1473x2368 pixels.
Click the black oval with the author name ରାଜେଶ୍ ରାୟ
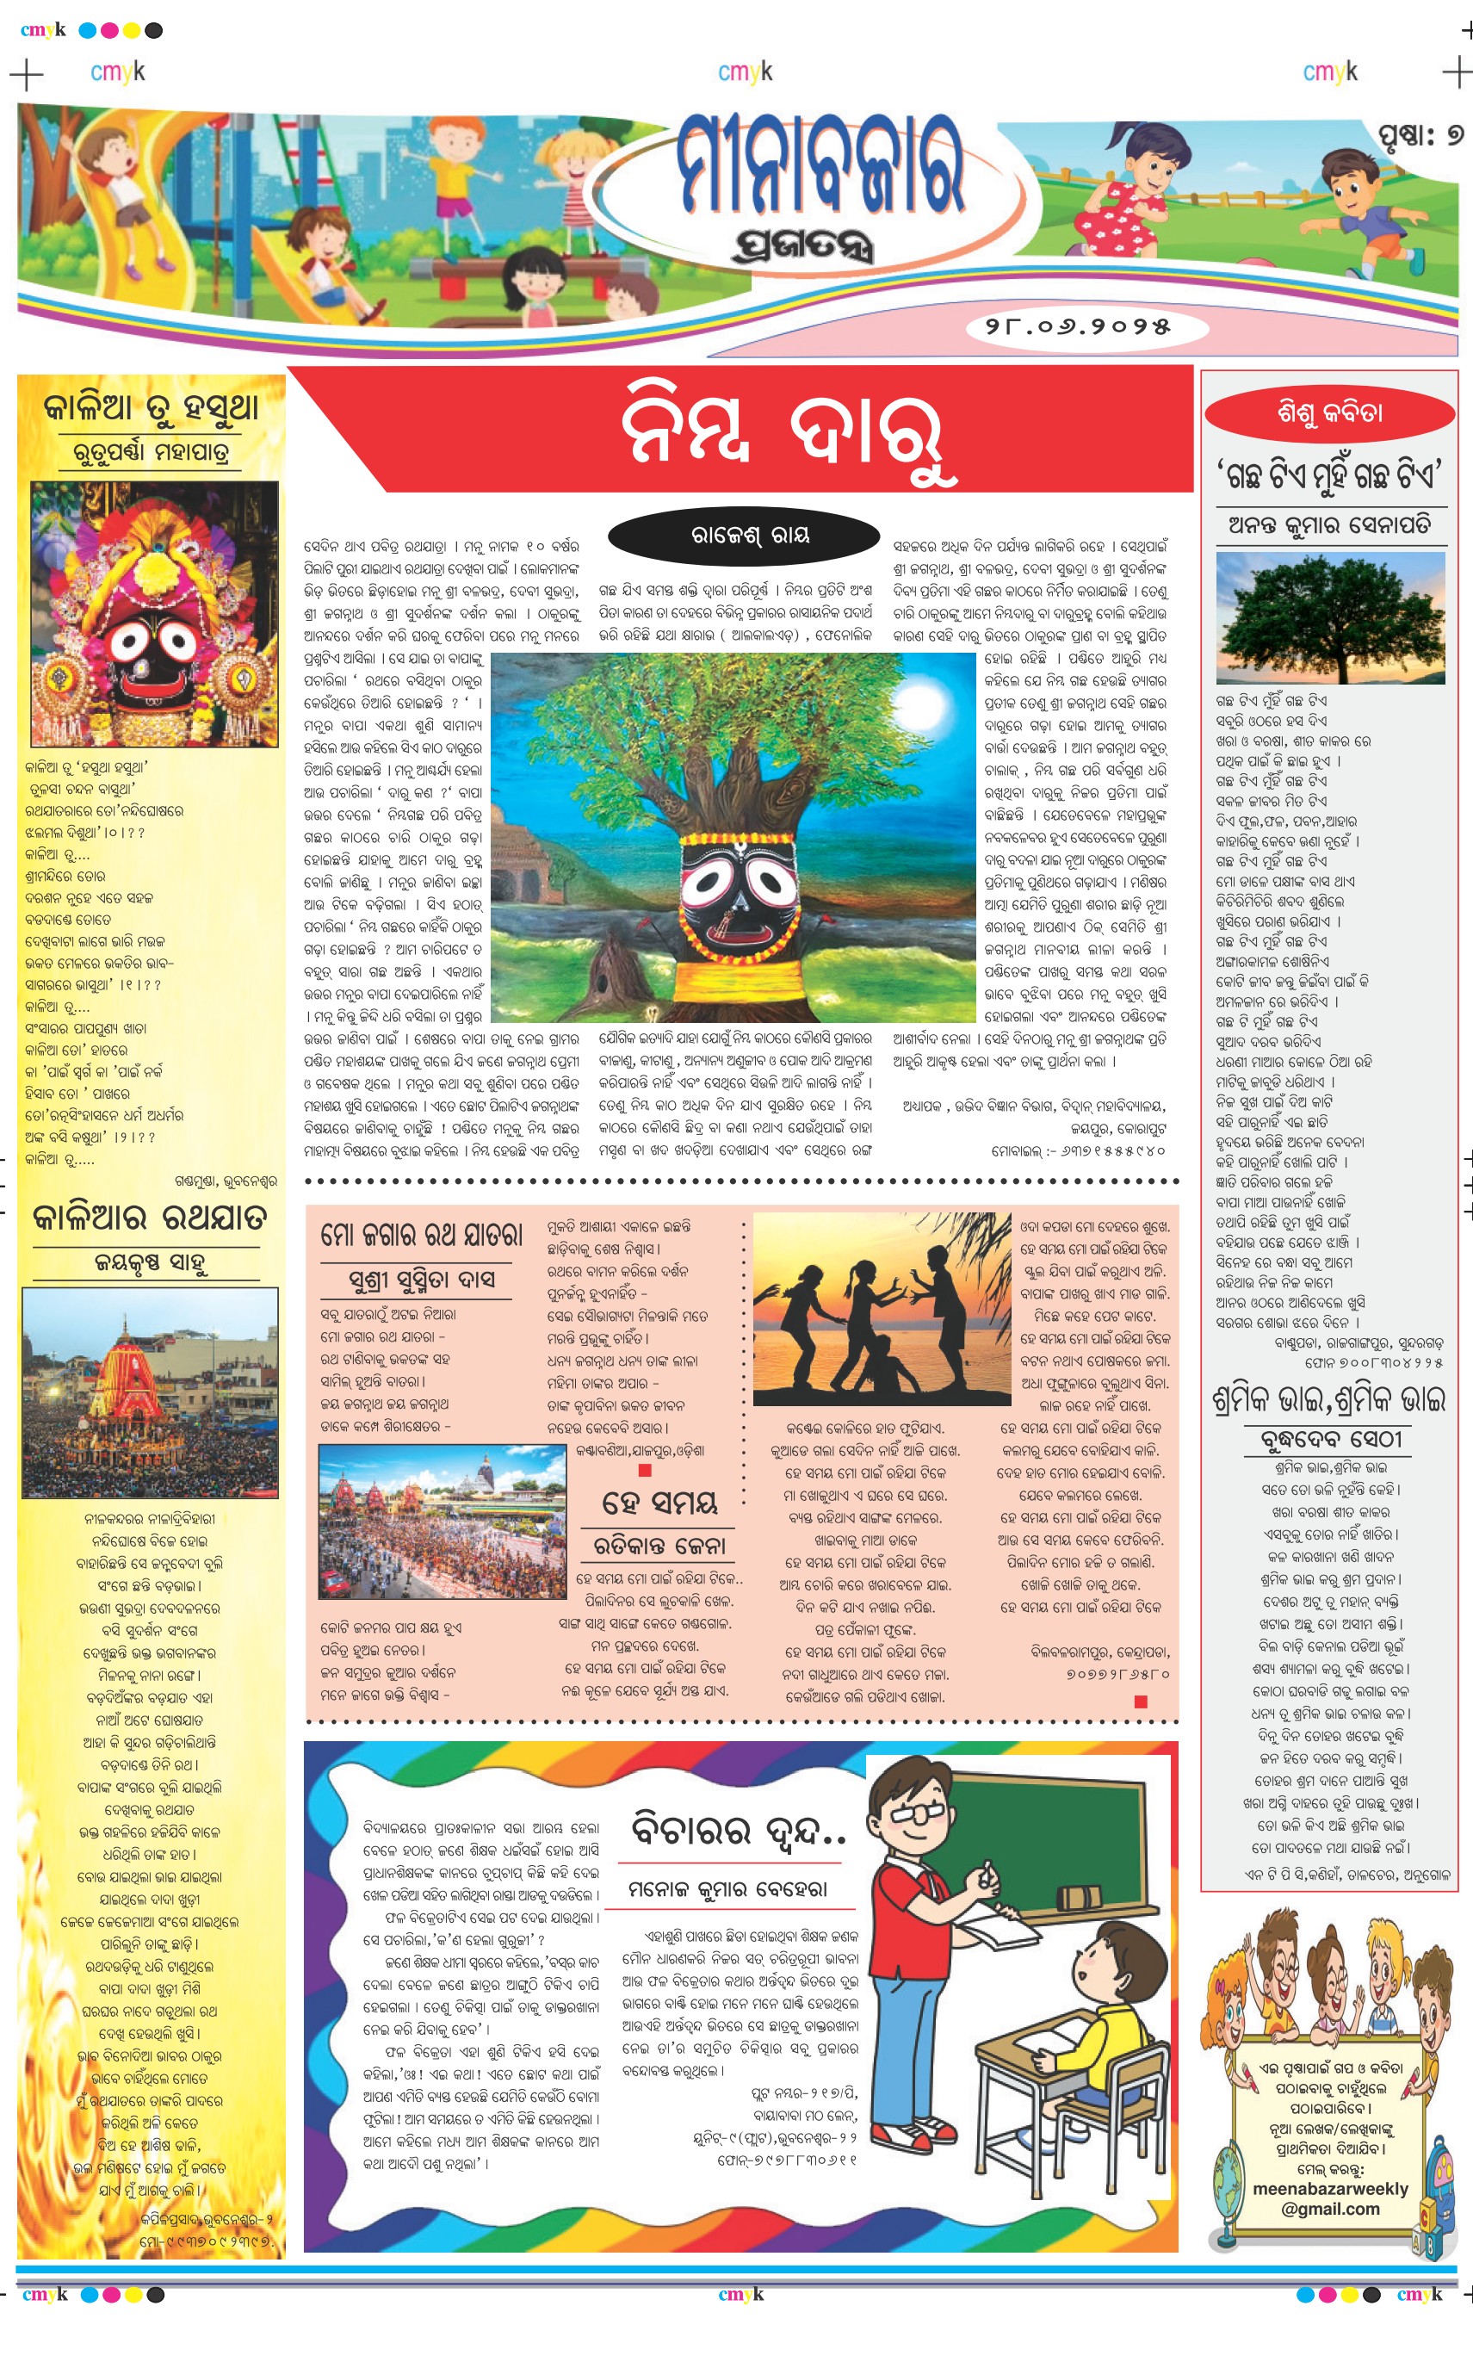[x=749, y=534]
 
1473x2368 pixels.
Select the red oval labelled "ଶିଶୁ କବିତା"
[x=1329, y=412]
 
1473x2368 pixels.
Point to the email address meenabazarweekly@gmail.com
[x=1330, y=2198]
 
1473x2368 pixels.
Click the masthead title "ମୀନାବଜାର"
[x=820, y=165]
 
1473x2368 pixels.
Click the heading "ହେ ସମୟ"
[x=659, y=1503]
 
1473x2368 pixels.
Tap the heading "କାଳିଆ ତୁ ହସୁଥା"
[x=151, y=408]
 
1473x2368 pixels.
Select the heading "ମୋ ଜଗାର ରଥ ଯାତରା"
[x=422, y=1236]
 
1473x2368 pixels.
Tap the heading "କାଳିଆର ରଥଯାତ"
[x=149, y=1218]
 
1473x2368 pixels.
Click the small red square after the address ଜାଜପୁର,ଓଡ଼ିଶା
[x=644, y=1470]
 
